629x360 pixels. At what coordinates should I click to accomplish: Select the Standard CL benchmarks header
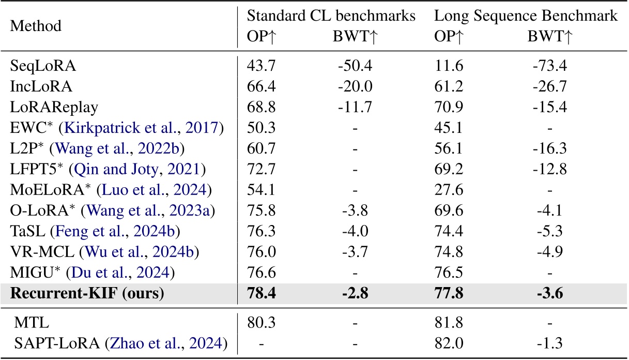tap(331, 16)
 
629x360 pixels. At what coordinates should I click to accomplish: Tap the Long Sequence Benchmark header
tap(526, 16)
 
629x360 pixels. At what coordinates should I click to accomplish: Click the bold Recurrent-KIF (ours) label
tap(86, 293)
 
